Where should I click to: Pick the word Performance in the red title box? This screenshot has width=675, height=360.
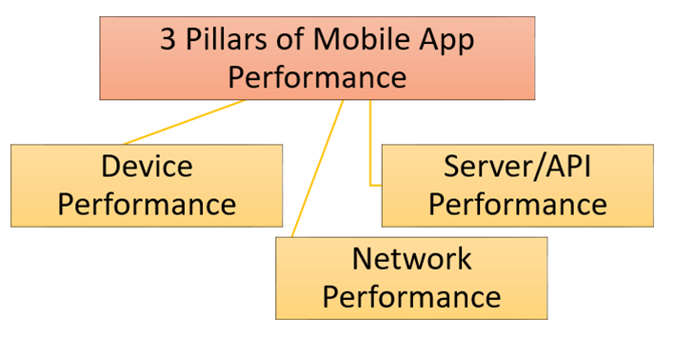click(317, 77)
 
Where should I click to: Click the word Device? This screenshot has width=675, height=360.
click(146, 167)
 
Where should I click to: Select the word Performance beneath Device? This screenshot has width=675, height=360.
click(146, 203)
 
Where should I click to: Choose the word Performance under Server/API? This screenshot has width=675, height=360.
click(518, 203)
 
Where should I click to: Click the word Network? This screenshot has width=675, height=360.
click(411, 258)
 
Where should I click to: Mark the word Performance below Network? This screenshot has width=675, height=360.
click(411, 295)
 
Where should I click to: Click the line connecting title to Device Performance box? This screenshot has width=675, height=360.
click(181, 122)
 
